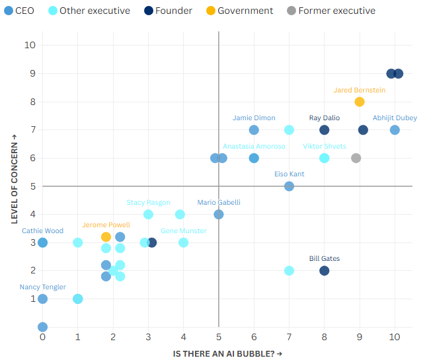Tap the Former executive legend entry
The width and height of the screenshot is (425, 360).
(331, 11)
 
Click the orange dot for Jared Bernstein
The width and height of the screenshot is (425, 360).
(360, 102)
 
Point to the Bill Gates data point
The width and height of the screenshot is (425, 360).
(325, 271)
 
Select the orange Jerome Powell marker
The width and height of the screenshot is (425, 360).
(106, 236)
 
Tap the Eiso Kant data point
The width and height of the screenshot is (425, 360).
(289, 186)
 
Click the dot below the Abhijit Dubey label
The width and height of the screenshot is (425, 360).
(395, 129)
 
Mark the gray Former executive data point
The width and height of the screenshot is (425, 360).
(356, 158)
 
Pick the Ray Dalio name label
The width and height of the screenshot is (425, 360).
(325, 118)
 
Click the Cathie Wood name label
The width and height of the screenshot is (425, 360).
(42, 231)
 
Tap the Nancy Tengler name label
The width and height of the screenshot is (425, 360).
(43, 287)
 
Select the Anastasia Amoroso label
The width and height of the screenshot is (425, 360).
(254, 146)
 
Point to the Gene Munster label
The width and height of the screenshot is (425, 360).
(184, 231)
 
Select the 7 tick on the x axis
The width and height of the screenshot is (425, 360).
(289, 338)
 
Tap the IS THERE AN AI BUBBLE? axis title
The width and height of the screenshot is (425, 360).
(227, 354)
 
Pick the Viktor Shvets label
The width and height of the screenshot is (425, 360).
(325, 146)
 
